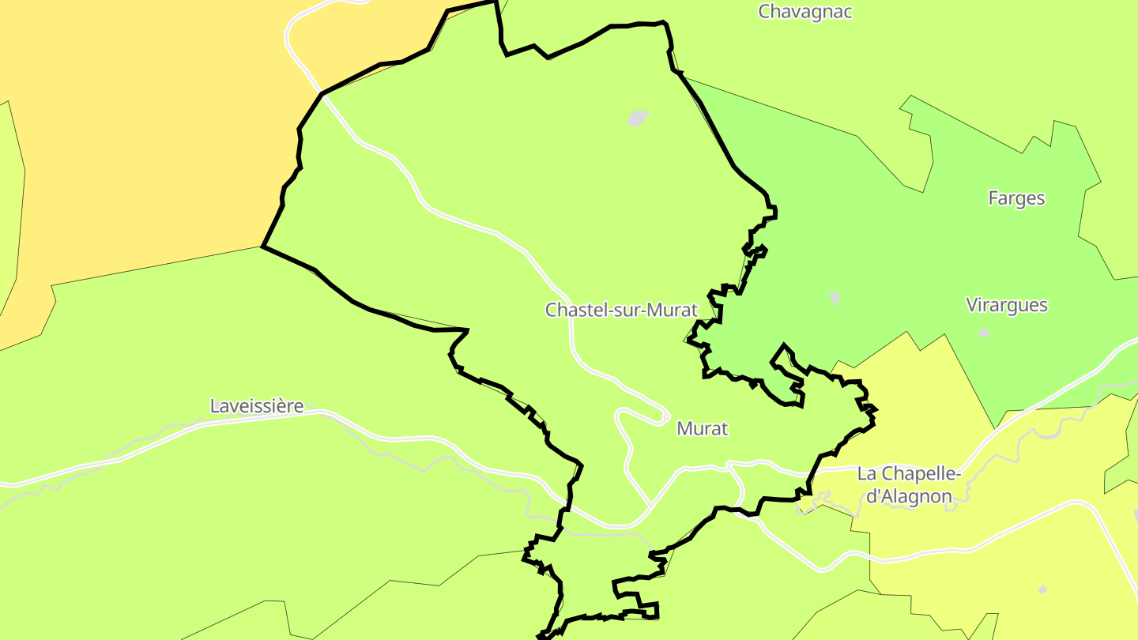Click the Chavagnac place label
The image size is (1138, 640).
(805, 12)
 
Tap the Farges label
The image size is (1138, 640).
(1016, 198)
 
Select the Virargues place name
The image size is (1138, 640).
(1007, 305)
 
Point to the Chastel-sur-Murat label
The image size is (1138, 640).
(621, 310)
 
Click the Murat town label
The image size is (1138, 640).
(702, 429)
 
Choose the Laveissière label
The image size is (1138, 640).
(257, 406)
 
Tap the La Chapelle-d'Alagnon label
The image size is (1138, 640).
(909, 485)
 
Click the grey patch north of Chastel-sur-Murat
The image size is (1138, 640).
(638, 119)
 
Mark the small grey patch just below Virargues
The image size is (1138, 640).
(983, 333)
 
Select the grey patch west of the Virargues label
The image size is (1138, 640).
(835, 298)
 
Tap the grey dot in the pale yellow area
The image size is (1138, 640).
(1042, 589)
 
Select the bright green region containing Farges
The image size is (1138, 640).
(869, 237)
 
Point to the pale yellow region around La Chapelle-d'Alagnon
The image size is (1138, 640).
(988, 553)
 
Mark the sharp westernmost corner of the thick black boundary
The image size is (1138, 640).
(262, 247)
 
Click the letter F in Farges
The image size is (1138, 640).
(993, 198)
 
